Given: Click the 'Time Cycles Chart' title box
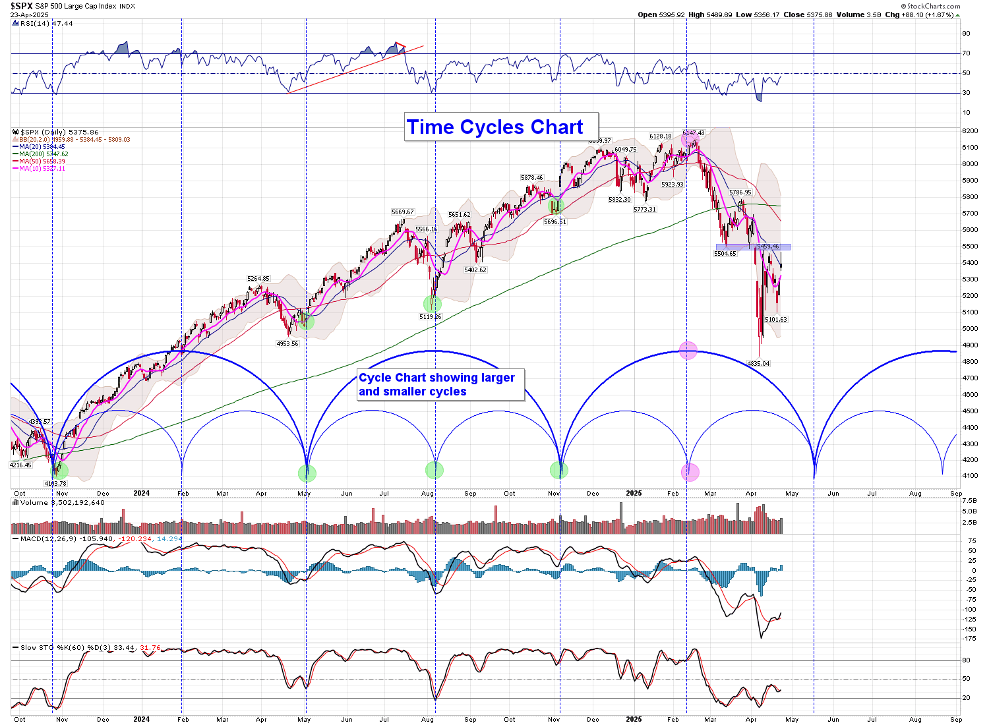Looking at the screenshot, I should tap(495, 127).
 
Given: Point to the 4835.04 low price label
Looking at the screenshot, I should tap(758, 363).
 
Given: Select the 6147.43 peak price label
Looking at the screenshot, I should tap(694, 133).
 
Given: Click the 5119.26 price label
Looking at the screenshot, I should tap(430, 317).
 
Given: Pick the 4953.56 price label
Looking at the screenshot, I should tap(287, 343).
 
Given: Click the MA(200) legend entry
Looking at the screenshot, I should tap(44, 154).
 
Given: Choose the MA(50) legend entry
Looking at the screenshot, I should tap(42, 161).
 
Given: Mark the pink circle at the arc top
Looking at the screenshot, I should tap(688, 350).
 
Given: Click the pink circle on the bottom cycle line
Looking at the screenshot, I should tap(690, 471).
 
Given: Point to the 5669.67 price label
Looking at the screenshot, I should tap(402, 212).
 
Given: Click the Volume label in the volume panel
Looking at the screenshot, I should tap(34, 503).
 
